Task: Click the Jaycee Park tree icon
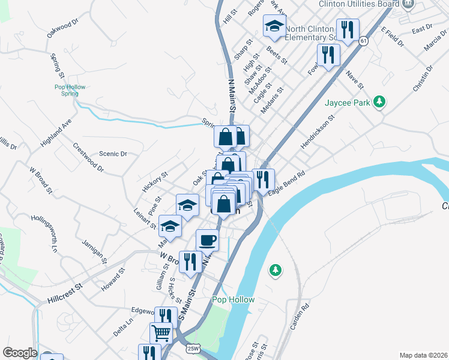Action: (379, 102)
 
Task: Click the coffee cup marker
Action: (208, 240)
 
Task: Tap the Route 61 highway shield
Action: (364, 41)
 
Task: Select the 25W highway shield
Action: (193, 348)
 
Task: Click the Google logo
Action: (19, 353)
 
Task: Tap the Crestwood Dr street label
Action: (88, 157)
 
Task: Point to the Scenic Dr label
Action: (113, 154)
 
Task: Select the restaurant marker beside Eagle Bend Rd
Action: (263, 179)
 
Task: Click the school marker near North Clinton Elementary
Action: (274, 26)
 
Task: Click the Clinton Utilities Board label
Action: (360, 4)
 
